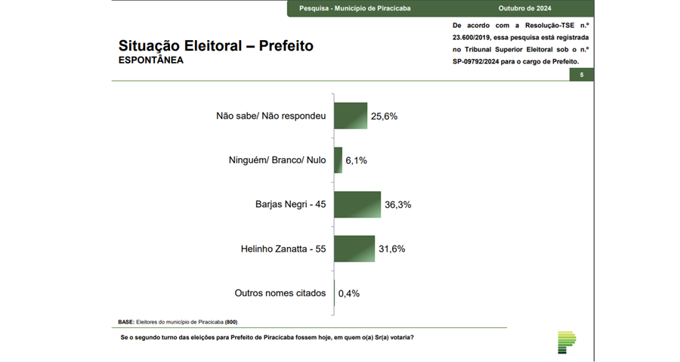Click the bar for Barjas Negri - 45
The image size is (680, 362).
coord(357,204)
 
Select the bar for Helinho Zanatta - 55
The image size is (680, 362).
coord(354,248)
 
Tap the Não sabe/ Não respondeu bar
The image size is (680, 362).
coord(351,116)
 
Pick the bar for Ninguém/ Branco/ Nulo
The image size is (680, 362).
coord(338,160)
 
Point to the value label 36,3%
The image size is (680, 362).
coord(399,205)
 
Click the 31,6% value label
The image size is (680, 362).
coord(393,249)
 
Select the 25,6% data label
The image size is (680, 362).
coord(385,116)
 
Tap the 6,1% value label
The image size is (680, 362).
coord(357,160)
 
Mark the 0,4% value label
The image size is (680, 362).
coord(349,292)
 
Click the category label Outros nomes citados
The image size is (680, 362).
coord(280,292)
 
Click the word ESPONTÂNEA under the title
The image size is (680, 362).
coord(151,60)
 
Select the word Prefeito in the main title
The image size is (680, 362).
coord(286,45)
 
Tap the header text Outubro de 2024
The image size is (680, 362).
coord(524,8)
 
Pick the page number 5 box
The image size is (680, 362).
coord(581,75)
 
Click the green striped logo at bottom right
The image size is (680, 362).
coord(566,342)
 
